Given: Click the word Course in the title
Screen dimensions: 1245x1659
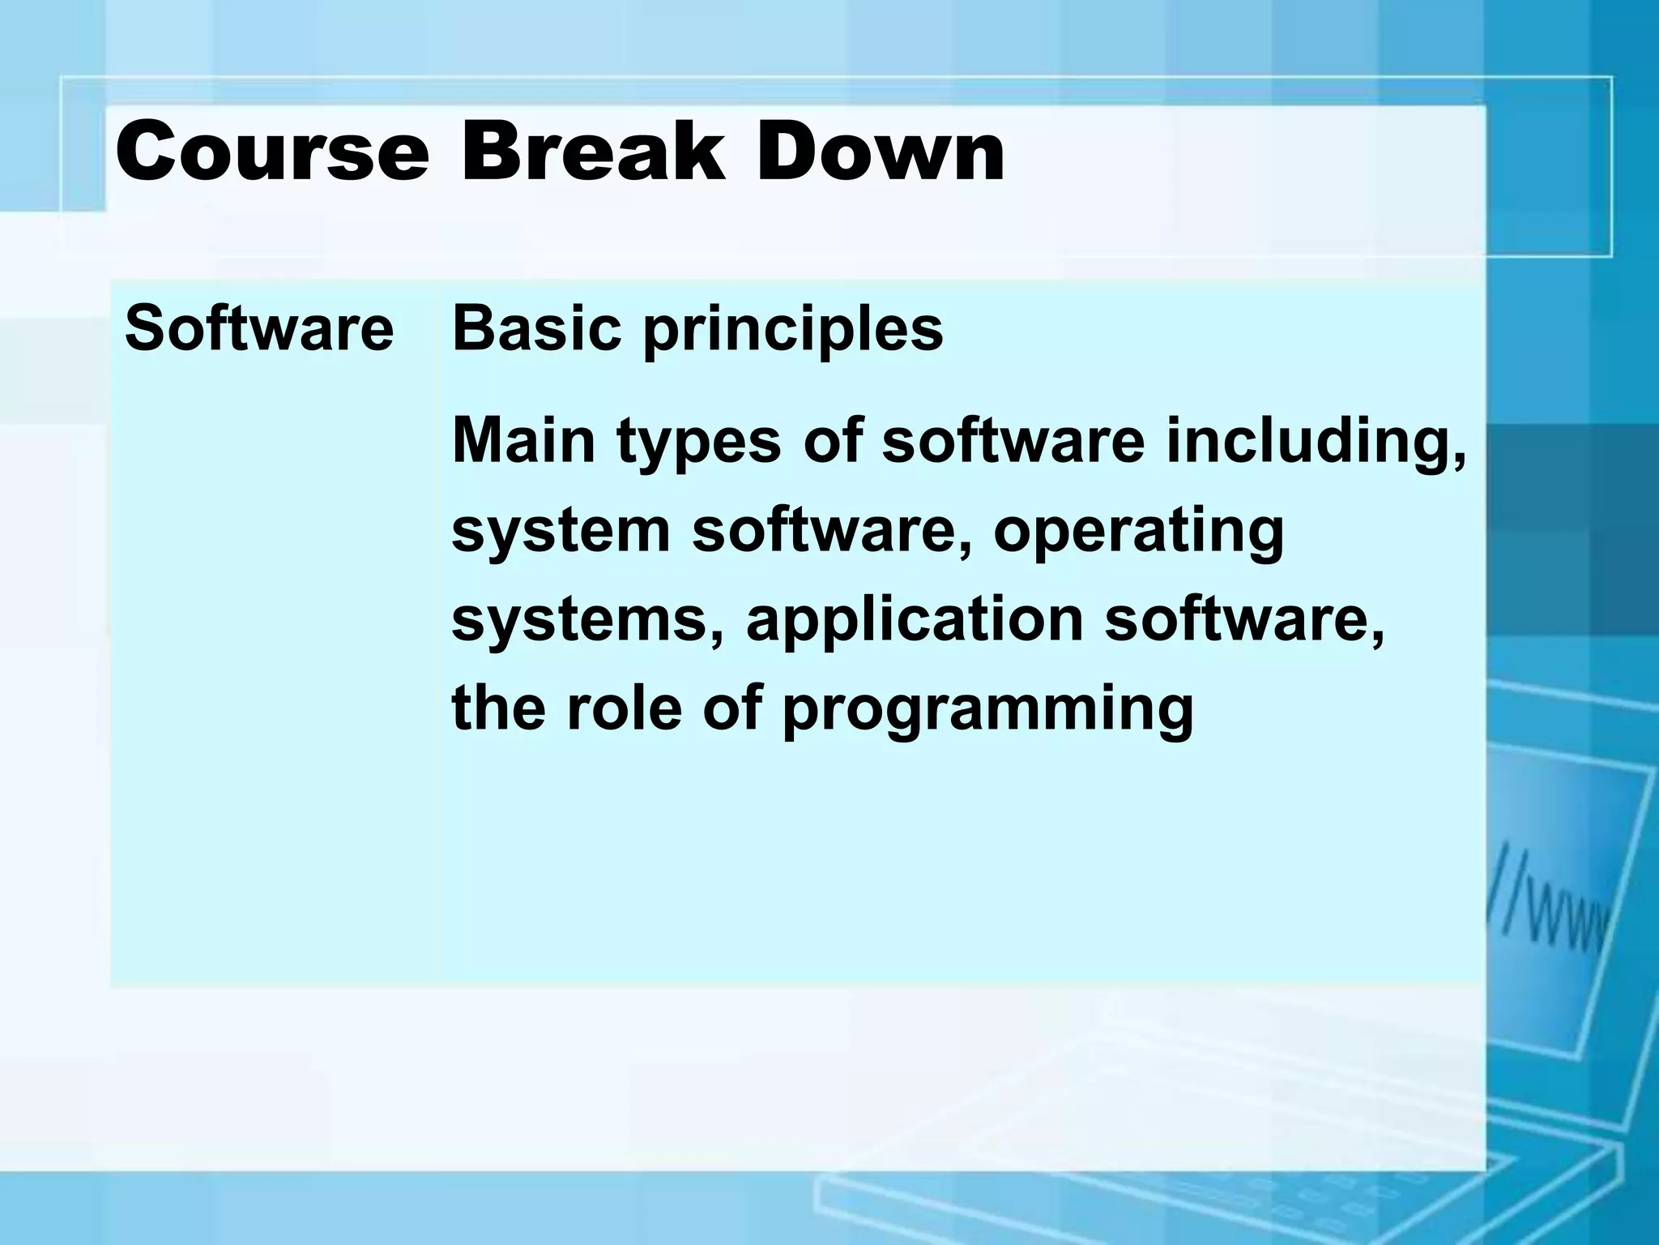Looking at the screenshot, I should (272, 152).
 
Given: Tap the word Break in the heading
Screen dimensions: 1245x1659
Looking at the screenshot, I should (592, 152).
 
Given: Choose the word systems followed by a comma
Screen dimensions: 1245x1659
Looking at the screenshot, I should (586, 621).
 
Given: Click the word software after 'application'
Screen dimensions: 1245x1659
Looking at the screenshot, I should (1243, 621).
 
